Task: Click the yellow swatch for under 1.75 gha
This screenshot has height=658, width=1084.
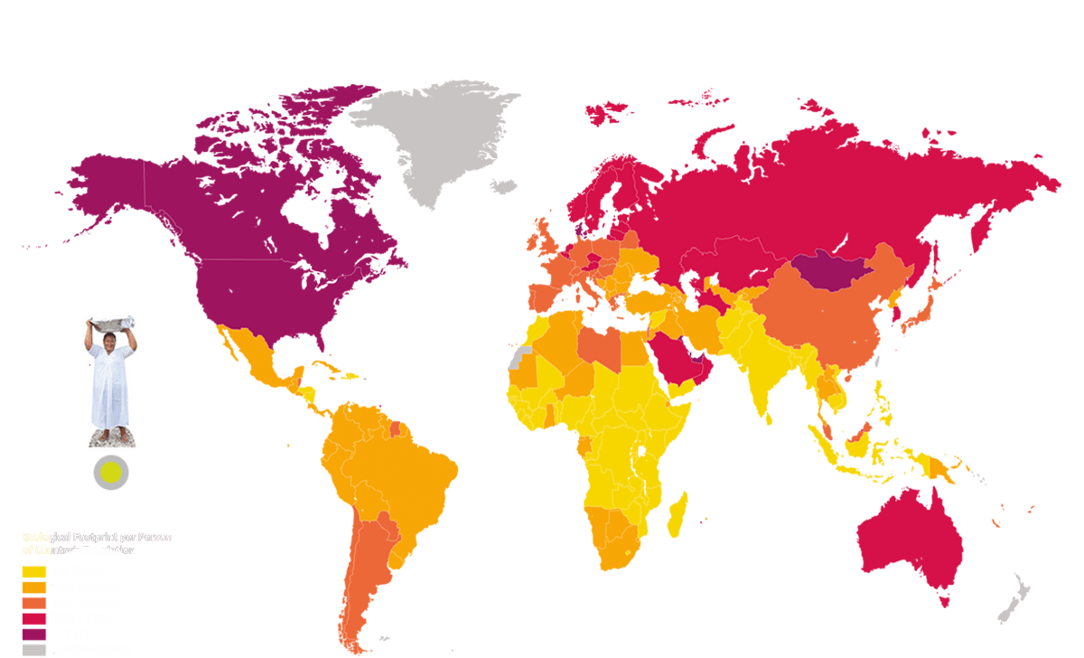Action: click(x=34, y=571)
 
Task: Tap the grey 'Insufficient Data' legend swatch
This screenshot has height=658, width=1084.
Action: click(x=34, y=650)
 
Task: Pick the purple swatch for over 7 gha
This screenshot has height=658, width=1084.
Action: click(x=34, y=634)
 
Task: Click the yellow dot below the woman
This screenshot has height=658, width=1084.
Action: click(x=111, y=471)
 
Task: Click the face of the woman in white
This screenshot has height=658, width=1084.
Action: click(x=110, y=342)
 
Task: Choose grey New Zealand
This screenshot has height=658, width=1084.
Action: click(x=1016, y=601)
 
